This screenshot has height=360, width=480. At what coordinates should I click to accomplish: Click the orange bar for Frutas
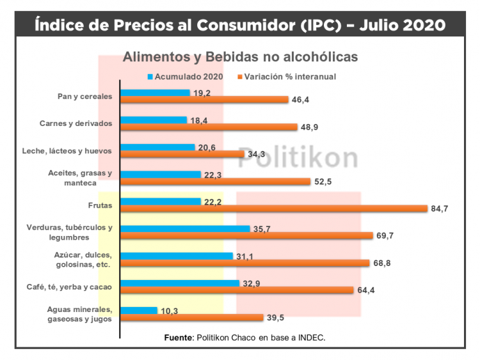[x=274, y=208]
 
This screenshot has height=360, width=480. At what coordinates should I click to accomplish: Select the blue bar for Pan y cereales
[x=156, y=93]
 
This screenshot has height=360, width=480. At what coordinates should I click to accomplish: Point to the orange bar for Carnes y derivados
[x=209, y=127]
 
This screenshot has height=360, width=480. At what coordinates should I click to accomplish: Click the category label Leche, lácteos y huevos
[x=76, y=151]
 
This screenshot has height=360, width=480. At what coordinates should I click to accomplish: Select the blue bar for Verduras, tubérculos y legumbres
[x=185, y=228]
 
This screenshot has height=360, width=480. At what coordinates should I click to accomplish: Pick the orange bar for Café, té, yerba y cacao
[x=237, y=290]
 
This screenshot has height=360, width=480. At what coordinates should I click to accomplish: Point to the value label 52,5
[x=323, y=182]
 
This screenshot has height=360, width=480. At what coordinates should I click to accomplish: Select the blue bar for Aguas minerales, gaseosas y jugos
[x=139, y=310]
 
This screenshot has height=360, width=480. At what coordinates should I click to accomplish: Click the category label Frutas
[x=100, y=205]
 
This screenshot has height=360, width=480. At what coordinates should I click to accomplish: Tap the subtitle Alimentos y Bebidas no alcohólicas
[x=240, y=57]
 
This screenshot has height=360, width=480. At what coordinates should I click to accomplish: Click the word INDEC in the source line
[x=312, y=337]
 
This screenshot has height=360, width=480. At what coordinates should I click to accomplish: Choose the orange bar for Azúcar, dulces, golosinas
[x=245, y=263]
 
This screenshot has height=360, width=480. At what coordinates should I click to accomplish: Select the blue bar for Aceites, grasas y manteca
[x=161, y=174]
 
